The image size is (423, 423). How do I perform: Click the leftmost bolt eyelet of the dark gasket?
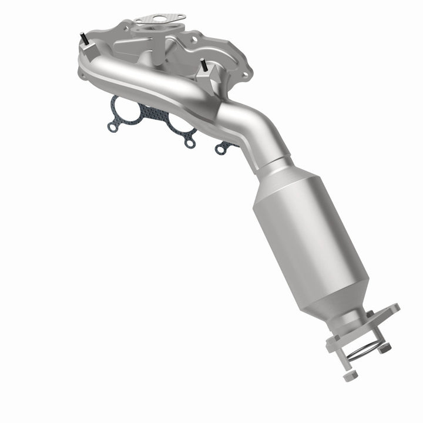click(x=112, y=126)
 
